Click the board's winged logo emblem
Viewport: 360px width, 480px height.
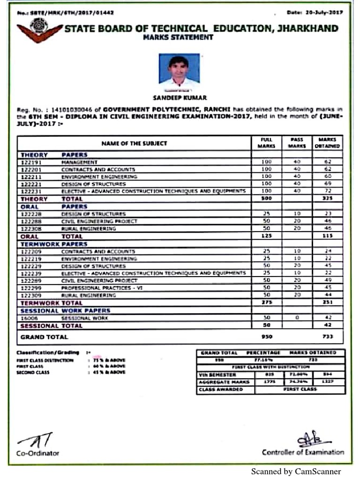click(39, 30)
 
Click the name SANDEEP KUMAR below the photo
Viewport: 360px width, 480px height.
click(180, 98)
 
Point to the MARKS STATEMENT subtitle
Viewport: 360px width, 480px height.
click(178, 37)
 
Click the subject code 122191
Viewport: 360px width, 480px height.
click(32, 162)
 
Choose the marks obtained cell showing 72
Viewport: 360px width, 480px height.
click(328, 191)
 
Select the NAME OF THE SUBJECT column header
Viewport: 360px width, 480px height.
click(134, 143)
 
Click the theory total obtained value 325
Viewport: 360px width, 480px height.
click(328, 199)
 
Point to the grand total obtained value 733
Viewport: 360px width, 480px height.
click(328, 337)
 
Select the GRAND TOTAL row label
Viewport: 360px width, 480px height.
click(45, 337)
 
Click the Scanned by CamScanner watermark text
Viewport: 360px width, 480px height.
click(296, 472)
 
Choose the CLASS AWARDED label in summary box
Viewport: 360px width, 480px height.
click(221, 390)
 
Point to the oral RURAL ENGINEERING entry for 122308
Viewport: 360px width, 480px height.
click(89, 229)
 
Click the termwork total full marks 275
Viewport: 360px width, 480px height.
click(267, 303)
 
